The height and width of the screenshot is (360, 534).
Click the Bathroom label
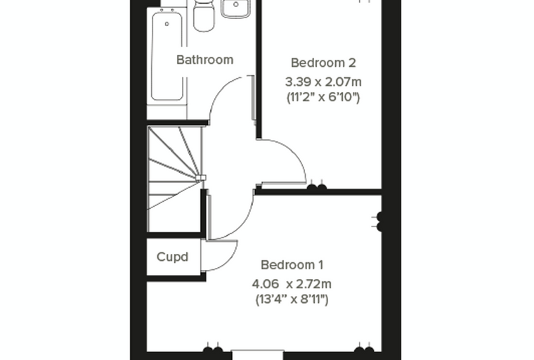(204, 60)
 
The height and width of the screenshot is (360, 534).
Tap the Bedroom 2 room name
(323, 63)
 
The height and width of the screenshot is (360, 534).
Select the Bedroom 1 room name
(292, 265)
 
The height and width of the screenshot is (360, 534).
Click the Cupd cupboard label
(172, 257)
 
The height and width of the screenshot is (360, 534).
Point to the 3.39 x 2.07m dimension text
(323, 82)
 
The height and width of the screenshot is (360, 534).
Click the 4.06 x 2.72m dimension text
(292, 284)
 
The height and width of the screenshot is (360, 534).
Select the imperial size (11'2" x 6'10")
(323, 97)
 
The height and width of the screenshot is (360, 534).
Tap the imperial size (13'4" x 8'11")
(292, 300)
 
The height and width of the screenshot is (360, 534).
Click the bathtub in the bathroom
(167, 56)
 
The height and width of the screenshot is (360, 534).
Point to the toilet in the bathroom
(204, 15)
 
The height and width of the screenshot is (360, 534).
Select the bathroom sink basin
(235, 8)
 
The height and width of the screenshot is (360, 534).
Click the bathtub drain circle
(167, 24)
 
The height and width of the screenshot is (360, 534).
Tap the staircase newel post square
(201, 178)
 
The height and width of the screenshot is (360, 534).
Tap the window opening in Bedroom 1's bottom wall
(257, 355)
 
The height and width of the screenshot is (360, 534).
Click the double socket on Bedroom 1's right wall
(379, 221)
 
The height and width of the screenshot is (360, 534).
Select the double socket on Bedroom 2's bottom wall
(317, 187)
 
